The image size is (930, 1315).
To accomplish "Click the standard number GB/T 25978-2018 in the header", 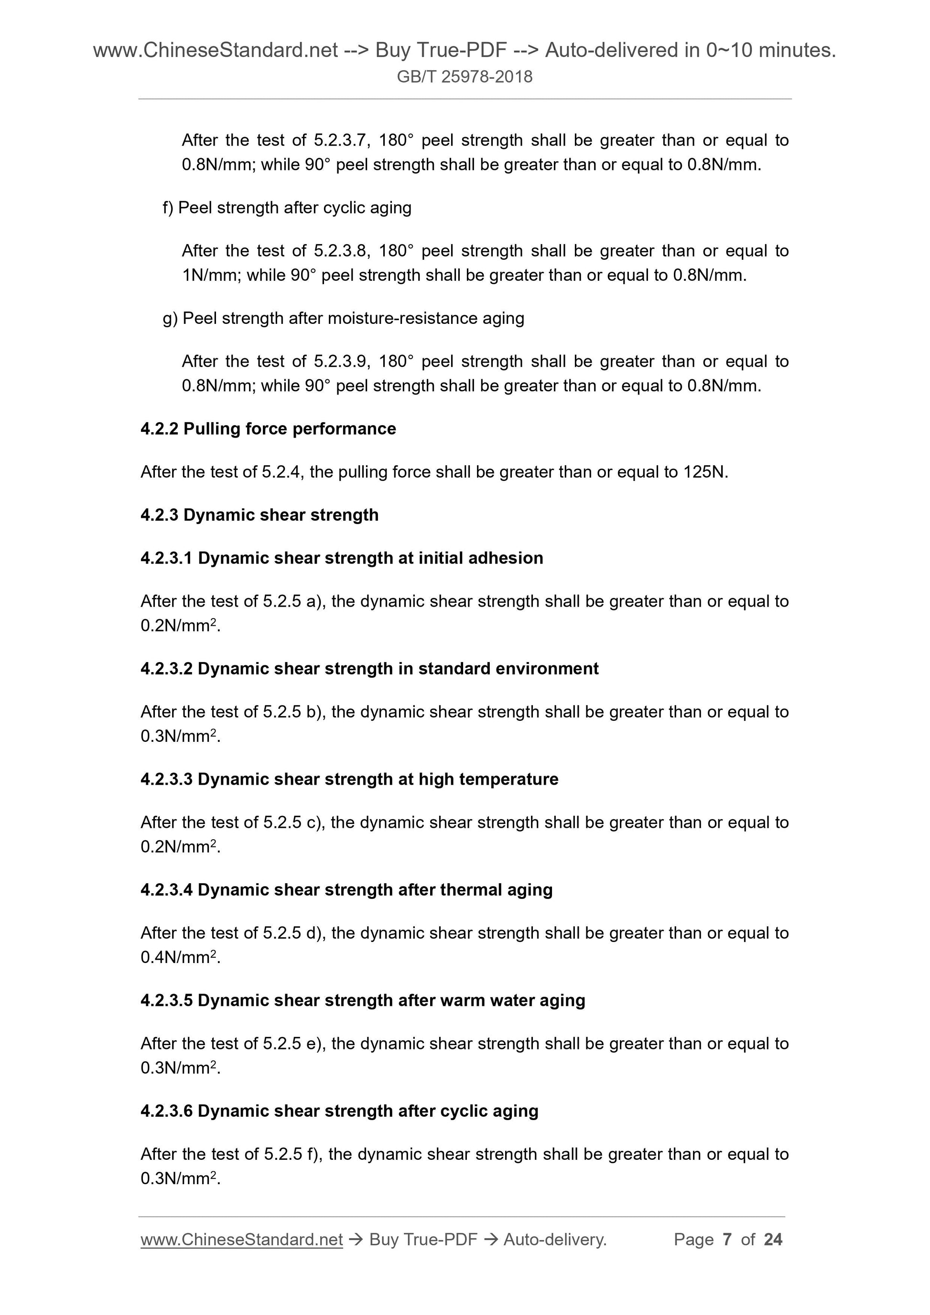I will (x=464, y=77).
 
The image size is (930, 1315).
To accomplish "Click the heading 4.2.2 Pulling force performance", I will (x=268, y=429).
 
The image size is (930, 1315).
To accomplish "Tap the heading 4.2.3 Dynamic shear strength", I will (x=260, y=515).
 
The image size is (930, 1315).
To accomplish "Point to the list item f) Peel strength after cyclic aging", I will (x=287, y=207).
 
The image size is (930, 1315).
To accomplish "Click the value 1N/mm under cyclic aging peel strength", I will (x=210, y=276).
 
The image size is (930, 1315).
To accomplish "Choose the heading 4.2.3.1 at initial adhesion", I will (x=342, y=558).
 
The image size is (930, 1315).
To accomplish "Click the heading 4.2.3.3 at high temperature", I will (x=349, y=779).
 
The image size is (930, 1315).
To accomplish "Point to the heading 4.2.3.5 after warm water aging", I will (x=363, y=1000).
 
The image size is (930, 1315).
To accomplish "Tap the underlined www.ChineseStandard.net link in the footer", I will (x=241, y=1240).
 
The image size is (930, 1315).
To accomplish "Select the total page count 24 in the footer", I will (x=773, y=1240).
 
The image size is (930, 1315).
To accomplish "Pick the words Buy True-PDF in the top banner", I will (x=441, y=51).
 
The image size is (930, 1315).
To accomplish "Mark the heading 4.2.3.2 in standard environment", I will (x=369, y=668).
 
